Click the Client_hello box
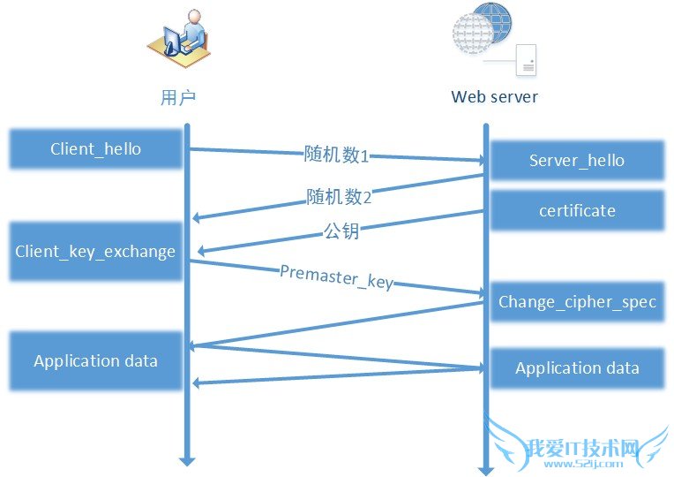coord(95,148)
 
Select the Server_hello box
coord(577,160)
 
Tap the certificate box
coord(577,210)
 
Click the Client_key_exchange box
coord(95,252)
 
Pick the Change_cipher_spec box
coord(577,301)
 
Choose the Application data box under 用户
coord(95,360)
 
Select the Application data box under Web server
coord(577,368)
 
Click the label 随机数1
coord(336,155)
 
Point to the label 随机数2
coord(339,196)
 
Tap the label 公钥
coord(341,232)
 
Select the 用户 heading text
coord(177,97)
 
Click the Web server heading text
coord(494,97)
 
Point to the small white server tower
coord(526,59)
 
